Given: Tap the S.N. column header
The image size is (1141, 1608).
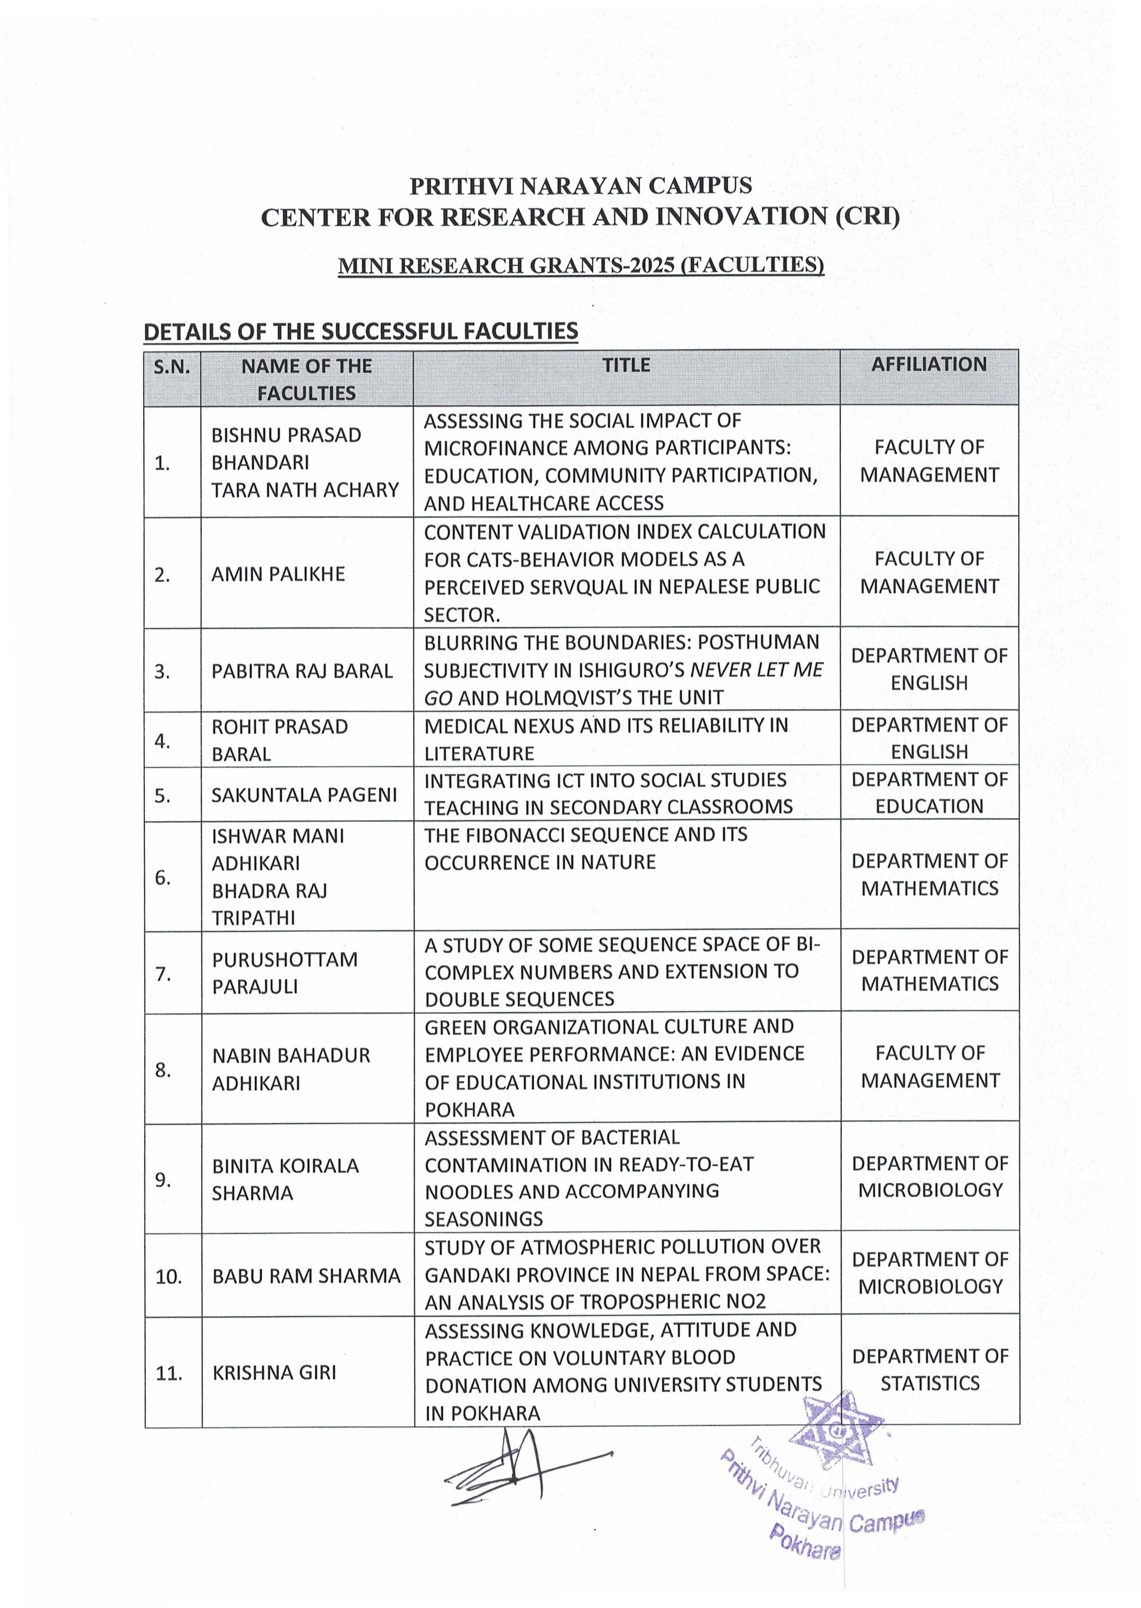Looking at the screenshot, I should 172,366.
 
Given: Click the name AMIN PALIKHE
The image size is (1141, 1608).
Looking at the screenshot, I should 278,574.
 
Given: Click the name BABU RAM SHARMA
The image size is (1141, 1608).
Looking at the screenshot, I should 306,1275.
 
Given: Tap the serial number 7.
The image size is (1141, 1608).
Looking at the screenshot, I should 163,974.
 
